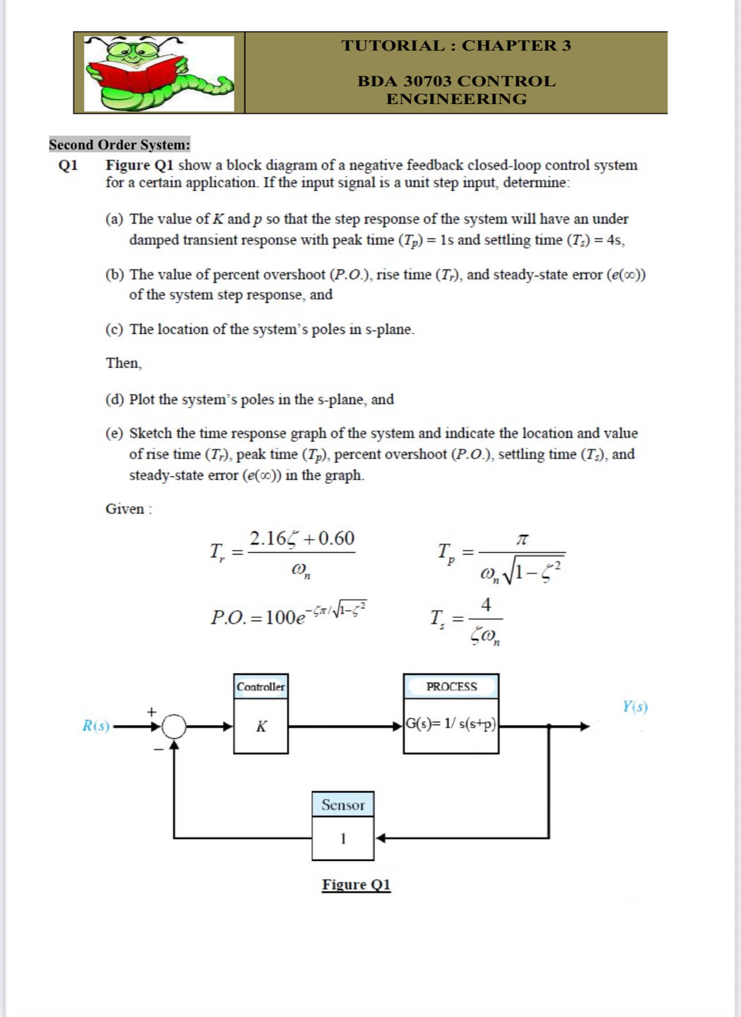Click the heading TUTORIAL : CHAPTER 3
pos(456,45)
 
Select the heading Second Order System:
pos(119,144)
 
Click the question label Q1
pos(68,165)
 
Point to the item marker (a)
pos(114,219)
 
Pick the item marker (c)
pos(114,329)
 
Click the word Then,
pos(123,363)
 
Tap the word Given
pos(125,509)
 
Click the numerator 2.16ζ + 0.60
pos(302,538)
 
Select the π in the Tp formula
pos(522,540)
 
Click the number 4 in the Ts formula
pos(486,604)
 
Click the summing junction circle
pos(174,726)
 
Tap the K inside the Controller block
pos(261,727)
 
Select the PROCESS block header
pos(451,687)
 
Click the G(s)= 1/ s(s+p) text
pos(451,724)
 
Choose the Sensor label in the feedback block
pos(343,804)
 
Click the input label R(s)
pos(95,726)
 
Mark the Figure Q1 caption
pos(356,884)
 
